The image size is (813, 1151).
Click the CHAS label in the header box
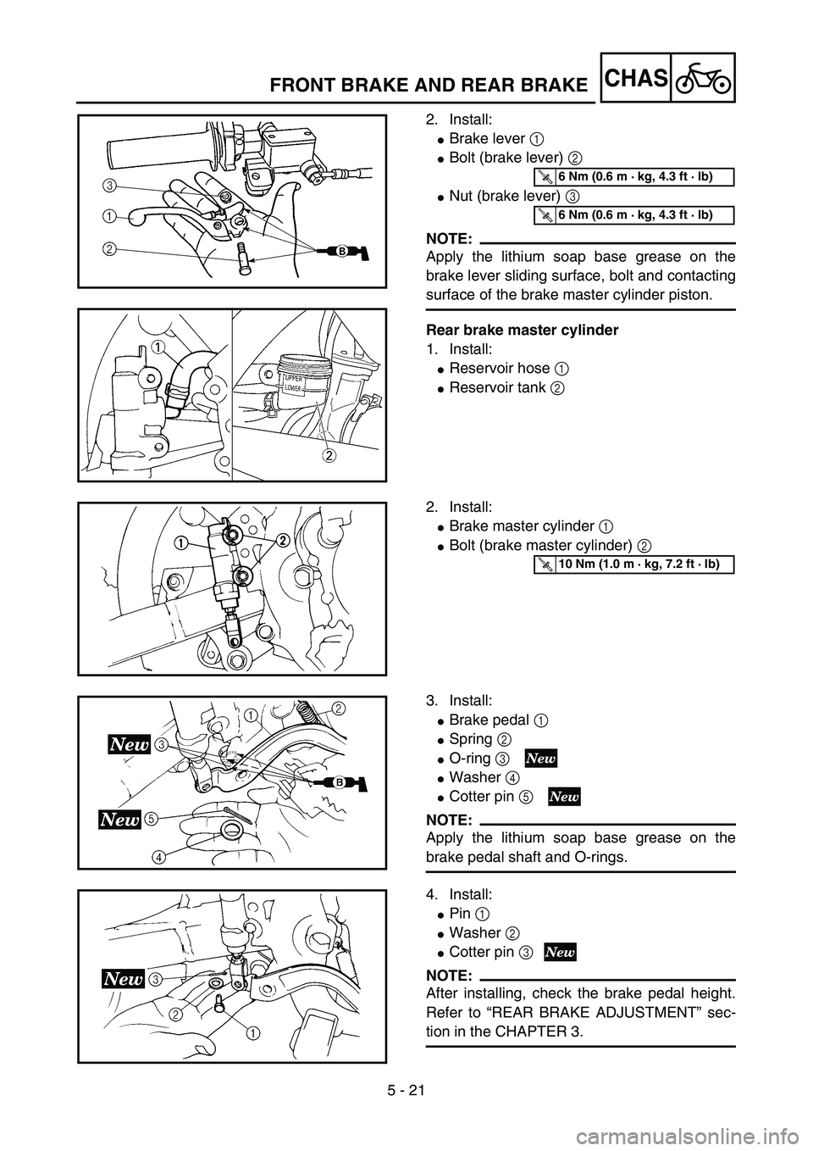pos(638,78)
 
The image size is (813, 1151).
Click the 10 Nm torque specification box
pos(633,564)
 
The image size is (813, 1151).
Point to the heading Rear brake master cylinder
pos(522,330)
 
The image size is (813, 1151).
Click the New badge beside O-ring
pos(541,758)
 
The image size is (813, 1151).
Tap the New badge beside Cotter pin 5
pos(564,796)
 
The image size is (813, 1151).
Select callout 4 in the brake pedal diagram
pos(158,857)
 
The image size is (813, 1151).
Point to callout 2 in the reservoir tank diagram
pos(328,455)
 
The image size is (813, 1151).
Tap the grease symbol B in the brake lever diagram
pos(342,252)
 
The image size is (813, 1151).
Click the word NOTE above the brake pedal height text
pos(449,975)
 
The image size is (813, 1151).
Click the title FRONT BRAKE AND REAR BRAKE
pos(429,84)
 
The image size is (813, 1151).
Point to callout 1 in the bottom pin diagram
pos(252,1032)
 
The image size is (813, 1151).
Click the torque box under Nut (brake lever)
pos(633,214)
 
